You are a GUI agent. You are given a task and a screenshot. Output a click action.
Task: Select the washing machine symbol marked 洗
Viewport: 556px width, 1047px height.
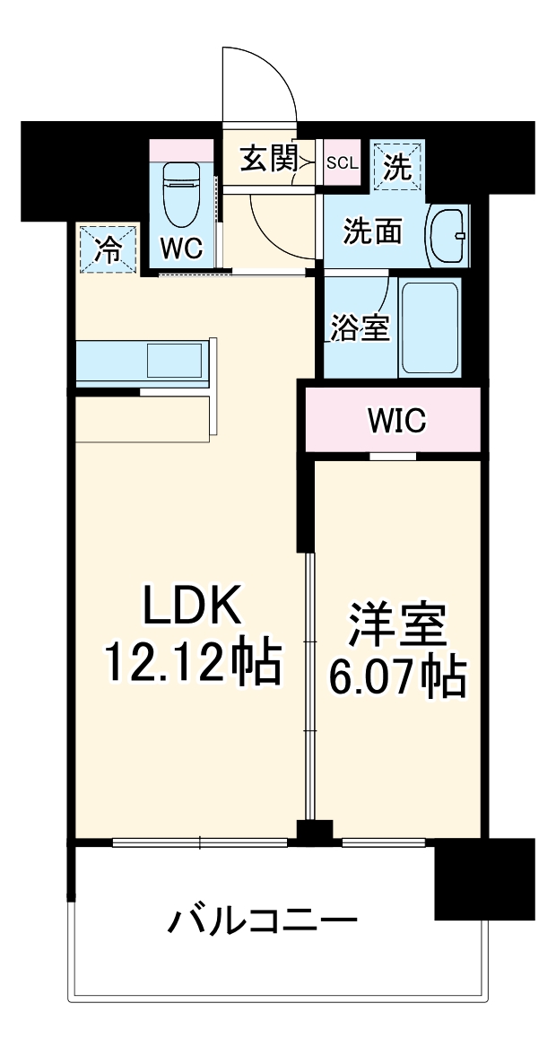pos(396,164)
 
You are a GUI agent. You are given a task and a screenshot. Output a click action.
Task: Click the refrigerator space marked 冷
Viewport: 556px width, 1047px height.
pos(108,248)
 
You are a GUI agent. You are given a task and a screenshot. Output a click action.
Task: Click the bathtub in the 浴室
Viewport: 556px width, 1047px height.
pos(430,327)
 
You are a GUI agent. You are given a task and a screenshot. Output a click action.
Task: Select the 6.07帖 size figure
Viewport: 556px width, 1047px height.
pos(397,678)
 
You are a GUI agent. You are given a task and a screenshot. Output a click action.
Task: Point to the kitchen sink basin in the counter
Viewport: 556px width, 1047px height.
pos(175,361)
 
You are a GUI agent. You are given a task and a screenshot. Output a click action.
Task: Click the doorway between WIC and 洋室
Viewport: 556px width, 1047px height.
pos(393,457)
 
